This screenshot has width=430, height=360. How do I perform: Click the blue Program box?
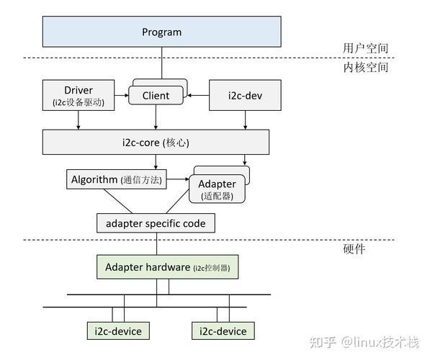pos(162,32)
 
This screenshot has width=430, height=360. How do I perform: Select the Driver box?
pos(79,95)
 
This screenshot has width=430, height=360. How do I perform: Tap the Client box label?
pos(156,96)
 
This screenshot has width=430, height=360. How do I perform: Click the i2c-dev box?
pos(245,95)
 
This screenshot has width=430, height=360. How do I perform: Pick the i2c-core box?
pos(156,142)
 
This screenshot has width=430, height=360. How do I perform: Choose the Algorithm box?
pos(117,179)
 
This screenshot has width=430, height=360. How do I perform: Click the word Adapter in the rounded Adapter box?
pos(217,184)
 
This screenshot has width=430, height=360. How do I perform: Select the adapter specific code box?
pos(156,223)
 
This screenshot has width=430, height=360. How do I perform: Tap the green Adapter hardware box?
pos(168,267)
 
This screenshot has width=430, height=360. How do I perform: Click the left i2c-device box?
pos(118,331)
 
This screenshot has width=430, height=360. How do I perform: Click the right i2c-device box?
pos(223,331)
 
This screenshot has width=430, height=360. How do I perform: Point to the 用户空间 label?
pos(366,48)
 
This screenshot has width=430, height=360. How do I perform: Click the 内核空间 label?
pos(366,67)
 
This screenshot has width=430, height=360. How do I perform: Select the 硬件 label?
pos(354,249)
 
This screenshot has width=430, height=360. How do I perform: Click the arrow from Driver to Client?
pos(122,95)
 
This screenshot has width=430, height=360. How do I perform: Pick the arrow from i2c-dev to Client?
pos(198,96)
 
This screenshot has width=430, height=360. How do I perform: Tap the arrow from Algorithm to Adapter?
pos(178,179)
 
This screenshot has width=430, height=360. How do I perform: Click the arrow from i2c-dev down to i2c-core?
pos(245,120)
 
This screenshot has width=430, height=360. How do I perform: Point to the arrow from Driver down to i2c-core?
pos(79,120)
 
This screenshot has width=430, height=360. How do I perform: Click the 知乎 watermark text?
pos(323,343)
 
